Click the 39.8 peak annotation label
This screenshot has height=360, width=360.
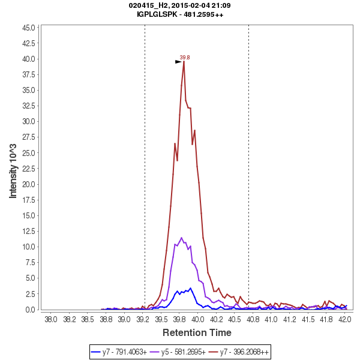coord(185,58)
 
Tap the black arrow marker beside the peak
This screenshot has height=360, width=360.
coord(178,61)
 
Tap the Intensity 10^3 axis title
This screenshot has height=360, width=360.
coord(13,168)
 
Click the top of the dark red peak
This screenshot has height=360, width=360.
coord(184,61)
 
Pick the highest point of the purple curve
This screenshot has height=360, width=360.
coord(181,238)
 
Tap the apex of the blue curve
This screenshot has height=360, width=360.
coord(191,288)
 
